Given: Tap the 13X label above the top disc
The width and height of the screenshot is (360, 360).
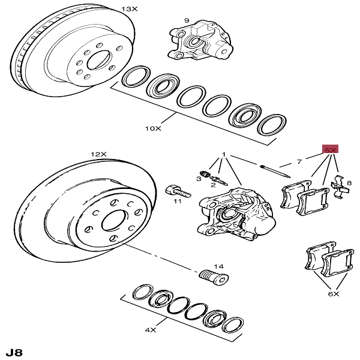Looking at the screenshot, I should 130,9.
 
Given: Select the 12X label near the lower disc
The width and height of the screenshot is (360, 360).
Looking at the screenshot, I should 98,154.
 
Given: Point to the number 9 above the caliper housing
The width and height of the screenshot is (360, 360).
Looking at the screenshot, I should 187,21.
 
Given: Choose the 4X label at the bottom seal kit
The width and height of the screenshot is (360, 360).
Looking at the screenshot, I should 150,329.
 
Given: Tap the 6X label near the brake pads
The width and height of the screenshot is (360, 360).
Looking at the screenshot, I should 334,294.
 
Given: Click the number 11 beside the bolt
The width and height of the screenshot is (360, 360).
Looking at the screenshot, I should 178,202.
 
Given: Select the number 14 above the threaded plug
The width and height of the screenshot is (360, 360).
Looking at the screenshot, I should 218,266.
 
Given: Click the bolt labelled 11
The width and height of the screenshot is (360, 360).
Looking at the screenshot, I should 175,191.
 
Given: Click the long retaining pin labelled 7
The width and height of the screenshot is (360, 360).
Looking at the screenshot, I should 276,170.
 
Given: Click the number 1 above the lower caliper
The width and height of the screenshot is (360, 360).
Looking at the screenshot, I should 224,155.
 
